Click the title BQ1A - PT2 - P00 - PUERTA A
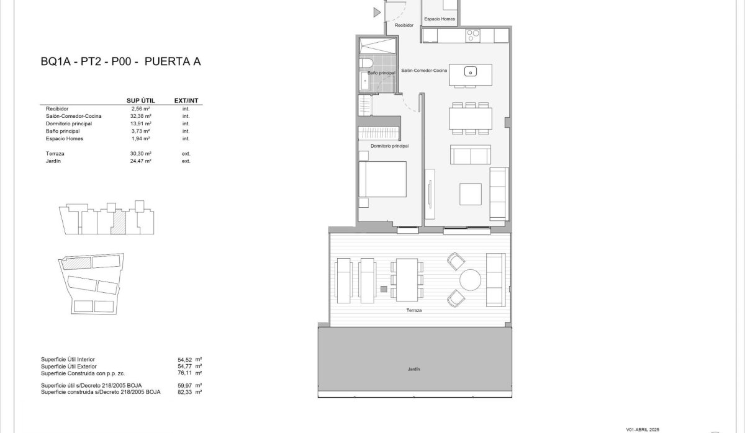click(x=120, y=61)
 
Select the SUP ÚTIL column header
click(x=140, y=100)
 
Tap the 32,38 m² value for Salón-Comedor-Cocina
click(x=142, y=116)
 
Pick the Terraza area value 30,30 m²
click(x=142, y=153)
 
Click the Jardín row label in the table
click(x=53, y=161)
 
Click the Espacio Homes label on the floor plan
click(x=440, y=19)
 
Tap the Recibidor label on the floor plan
click(x=404, y=25)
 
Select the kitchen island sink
click(x=470, y=71)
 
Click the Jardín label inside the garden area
click(x=414, y=369)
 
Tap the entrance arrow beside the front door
click(x=376, y=12)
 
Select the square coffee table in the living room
click(x=470, y=194)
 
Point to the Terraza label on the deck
click(x=414, y=310)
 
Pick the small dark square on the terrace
click(x=384, y=289)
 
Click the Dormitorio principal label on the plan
click(x=389, y=146)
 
